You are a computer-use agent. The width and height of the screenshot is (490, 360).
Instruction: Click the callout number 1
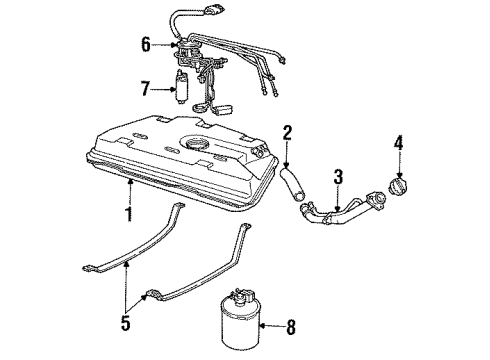(127, 214)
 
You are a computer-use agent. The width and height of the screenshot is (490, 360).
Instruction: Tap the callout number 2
(287, 132)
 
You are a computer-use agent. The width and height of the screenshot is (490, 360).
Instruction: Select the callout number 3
(339, 177)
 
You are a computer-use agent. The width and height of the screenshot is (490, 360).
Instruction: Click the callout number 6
(145, 45)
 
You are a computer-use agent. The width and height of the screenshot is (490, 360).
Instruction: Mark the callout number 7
(145, 90)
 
